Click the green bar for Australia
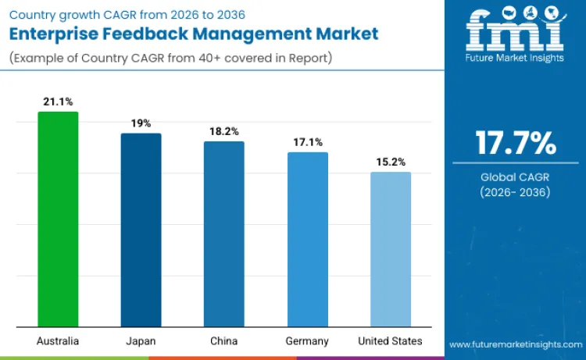pos(58,219)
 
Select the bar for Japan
pos(141,230)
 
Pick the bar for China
pos(224,234)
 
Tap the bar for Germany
pos(308,240)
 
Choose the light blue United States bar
pos(391,250)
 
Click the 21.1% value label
pos(58,102)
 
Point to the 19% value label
pos(141,123)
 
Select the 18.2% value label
pos(224,131)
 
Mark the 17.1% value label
pos(308,142)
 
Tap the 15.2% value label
pos(391,162)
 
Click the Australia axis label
pos(58,341)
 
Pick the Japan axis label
pos(141,341)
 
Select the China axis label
pos(224,341)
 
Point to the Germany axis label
pos(308,341)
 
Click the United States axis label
pos(391,341)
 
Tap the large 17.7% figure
pos(516,144)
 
